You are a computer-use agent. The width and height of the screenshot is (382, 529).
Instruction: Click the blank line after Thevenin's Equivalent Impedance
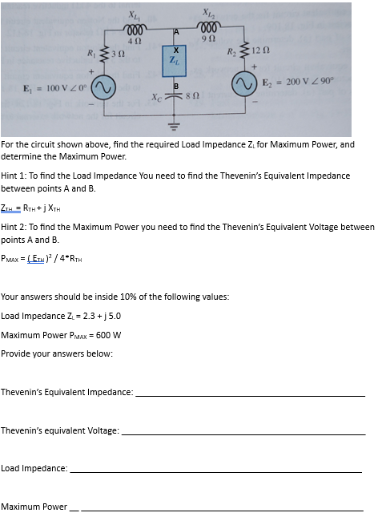point(250,394)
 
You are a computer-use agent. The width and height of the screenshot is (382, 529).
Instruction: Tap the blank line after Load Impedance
point(216,470)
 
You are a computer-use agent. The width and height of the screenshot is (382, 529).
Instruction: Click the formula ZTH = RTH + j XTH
point(37,208)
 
